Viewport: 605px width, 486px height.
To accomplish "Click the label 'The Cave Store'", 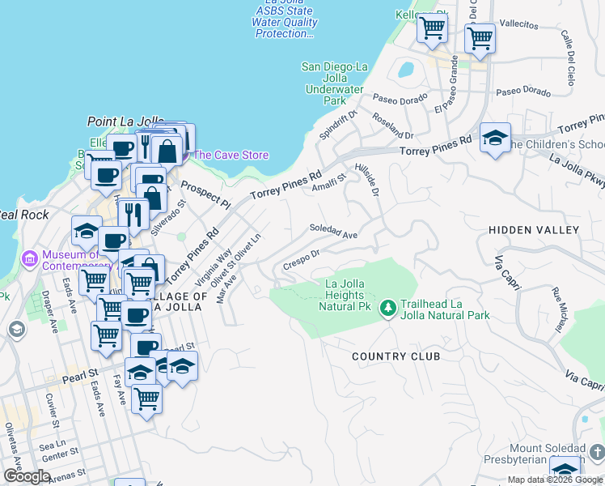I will [231, 155].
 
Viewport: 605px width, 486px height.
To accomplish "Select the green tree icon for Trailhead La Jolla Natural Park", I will [388, 308].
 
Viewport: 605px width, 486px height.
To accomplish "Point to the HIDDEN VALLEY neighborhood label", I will [534, 231].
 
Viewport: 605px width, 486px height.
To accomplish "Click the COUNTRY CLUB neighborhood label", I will [396, 356].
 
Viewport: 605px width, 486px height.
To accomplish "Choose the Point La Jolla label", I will [120, 122].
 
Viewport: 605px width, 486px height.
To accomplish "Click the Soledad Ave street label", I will [333, 232].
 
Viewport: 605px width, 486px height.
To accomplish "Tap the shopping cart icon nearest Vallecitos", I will [480, 38].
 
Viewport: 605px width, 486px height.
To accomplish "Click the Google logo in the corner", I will [27, 477].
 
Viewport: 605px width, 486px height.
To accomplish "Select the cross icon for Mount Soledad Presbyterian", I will [597, 451].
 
